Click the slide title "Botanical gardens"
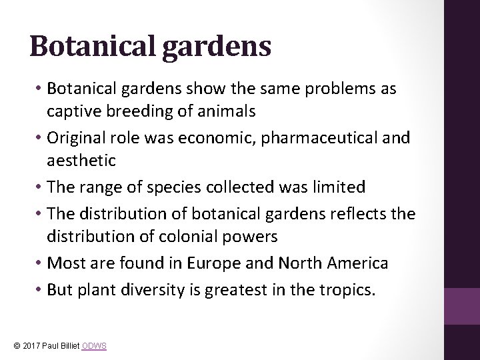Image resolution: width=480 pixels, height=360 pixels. (150, 47)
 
